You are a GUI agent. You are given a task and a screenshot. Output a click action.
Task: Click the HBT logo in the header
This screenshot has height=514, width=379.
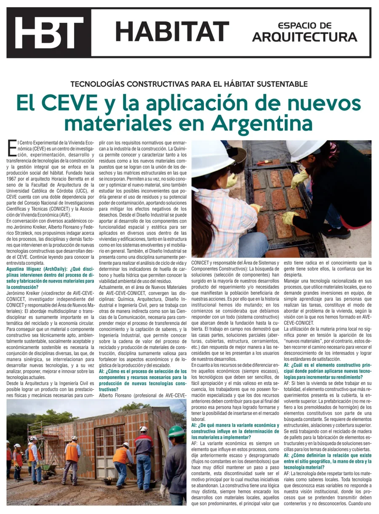pyautogui.click(x=48, y=33)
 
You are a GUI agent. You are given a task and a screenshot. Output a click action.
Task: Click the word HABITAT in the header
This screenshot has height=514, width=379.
pyautogui.click(x=172, y=32)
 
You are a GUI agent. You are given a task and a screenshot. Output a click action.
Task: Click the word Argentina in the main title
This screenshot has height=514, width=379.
pyautogui.click(x=262, y=123)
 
